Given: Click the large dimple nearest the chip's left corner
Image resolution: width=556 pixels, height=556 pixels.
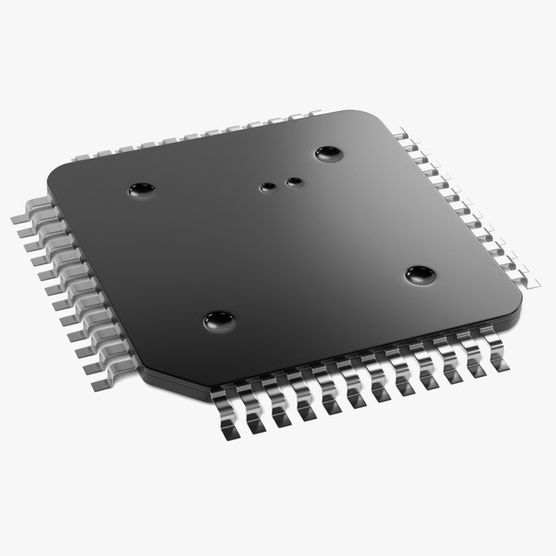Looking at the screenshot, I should [x=141, y=190].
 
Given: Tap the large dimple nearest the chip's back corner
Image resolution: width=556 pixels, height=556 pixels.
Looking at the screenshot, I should [x=328, y=153].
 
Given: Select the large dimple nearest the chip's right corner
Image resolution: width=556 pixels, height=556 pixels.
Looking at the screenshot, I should [x=420, y=274].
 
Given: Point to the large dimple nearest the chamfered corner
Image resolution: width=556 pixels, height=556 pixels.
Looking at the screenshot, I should [x=219, y=321].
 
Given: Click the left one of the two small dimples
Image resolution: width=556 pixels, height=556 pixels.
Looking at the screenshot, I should [x=268, y=187].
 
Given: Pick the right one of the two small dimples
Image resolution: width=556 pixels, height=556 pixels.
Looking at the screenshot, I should [x=294, y=182].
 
